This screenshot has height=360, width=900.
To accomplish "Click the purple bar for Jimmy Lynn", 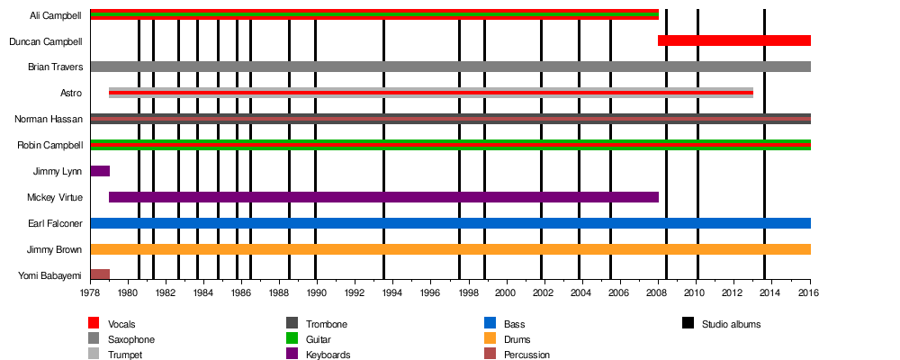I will tap(100, 171).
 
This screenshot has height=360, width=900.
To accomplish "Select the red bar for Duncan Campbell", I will tap(733, 40).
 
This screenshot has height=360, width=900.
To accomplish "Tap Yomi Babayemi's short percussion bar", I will tap(100, 274).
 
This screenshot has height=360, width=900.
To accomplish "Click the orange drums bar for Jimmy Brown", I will tap(450, 249).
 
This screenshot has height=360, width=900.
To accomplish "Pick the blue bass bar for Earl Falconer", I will tap(450, 223).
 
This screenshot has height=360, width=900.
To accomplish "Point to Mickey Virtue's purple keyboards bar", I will tap(383, 197).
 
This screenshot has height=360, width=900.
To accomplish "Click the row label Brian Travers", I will tap(55, 67).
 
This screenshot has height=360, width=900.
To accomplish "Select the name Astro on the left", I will tap(71, 93).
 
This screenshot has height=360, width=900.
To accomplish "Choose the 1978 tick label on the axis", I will tap(90, 293).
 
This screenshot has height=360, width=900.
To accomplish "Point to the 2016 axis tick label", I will tap(810, 293).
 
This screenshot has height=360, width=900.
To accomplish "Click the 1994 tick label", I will tap(392, 293).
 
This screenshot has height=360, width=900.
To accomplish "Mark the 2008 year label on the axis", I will tap(658, 293).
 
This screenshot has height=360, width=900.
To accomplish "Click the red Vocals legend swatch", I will tap(94, 324).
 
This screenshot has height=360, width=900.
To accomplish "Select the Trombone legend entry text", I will tap(327, 324).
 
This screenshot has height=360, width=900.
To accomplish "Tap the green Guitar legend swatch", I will tap(292, 339).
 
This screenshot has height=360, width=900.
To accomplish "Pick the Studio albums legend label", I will tap(732, 324).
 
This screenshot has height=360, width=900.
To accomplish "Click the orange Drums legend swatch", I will tap(490, 339).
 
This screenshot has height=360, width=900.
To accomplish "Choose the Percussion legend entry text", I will tap(526, 355).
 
